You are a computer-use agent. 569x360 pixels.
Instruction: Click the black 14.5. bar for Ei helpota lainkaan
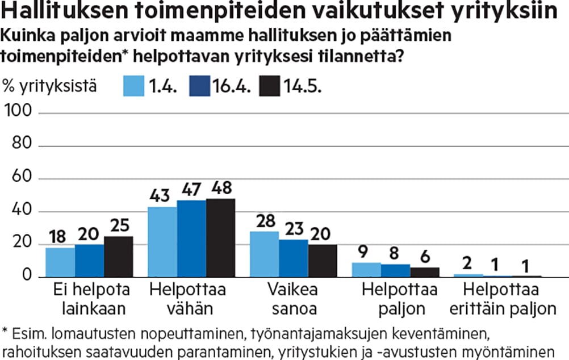(x=118, y=257)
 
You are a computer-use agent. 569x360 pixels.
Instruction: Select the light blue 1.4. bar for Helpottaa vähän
(x=162, y=242)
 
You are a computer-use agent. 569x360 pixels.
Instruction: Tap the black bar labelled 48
(x=220, y=238)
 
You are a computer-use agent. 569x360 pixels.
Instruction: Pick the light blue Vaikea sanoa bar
(x=264, y=254)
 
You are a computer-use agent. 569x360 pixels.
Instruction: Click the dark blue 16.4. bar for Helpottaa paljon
(x=396, y=271)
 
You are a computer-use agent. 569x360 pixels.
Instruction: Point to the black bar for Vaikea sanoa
(x=323, y=261)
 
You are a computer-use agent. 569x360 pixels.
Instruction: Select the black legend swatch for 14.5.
(x=270, y=87)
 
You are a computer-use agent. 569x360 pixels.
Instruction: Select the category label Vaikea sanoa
(x=293, y=299)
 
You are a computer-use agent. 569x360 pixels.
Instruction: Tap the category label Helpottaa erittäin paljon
(x=500, y=299)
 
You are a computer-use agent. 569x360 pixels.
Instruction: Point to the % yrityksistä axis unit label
(x=51, y=87)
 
